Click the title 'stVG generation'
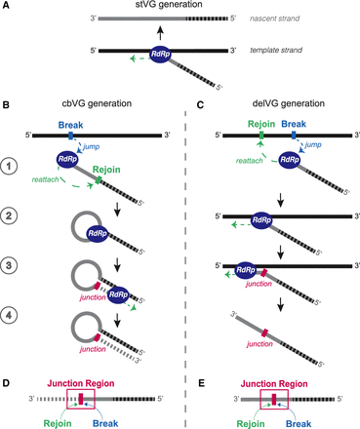(169, 4)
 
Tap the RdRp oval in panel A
(160, 54)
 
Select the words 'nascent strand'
(275, 19)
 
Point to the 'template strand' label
(276, 51)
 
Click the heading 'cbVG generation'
(97, 103)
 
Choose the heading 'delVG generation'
(289, 103)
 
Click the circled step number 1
(9, 167)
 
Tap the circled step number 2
(9, 216)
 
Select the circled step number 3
(9, 265)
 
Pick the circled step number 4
(9, 315)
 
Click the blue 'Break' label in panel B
(70, 125)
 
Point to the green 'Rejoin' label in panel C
(261, 124)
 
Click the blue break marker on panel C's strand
(294, 136)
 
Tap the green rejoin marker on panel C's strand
(261, 136)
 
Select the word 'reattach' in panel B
(45, 179)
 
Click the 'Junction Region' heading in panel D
(81, 383)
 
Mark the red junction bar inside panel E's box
(274, 399)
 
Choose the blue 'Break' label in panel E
(299, 424)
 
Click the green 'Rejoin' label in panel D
(58, 423)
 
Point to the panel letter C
(201, 104)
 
